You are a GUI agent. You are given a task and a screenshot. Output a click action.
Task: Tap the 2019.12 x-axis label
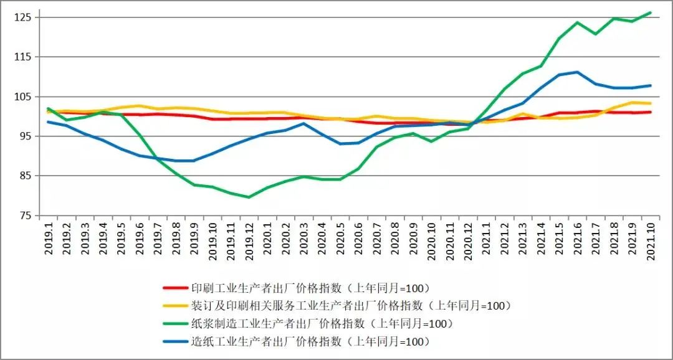(x=249, y=241)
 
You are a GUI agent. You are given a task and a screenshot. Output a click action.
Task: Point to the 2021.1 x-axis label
(x=487, y=239)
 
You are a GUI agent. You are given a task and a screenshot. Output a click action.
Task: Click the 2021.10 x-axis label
(x=651, y=241)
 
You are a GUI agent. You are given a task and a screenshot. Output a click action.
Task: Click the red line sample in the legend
(x=175, y=288)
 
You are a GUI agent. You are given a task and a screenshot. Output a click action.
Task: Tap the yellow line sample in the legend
(x=175, y=306)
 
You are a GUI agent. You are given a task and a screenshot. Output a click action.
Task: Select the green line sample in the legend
(x=175, y=324)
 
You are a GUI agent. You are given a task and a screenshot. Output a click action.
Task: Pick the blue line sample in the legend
(x=175, y=341)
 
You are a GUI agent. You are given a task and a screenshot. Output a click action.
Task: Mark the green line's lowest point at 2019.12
(x=249, y=197)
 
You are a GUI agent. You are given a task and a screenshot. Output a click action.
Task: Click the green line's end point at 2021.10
(x=651, y=12)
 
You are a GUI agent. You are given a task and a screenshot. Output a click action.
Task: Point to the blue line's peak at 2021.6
(x=578, y=72)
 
